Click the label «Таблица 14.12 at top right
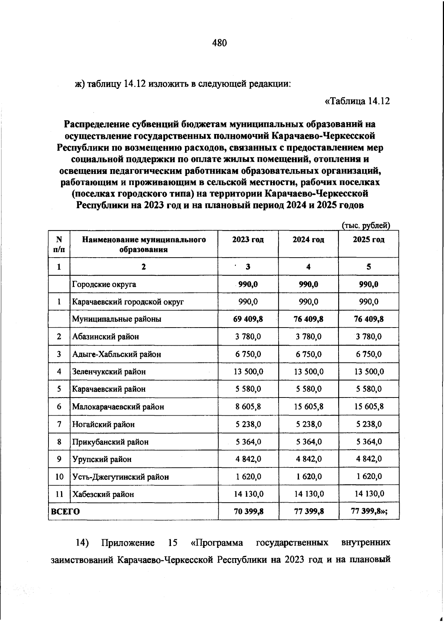[x=357, y=101]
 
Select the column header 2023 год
[x=248, y=239]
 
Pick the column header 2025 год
[x=369, y=239]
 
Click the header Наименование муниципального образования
[x=144, y=244]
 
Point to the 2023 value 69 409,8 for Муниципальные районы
[x=248, y=319]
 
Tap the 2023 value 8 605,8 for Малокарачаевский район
[x=248, y=406]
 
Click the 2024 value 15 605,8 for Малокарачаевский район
[x=309, y=406]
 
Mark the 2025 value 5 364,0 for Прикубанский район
[x=369, y=442]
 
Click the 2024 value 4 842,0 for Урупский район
[x=309, y=459]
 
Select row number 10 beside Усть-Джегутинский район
[x=59, y=477]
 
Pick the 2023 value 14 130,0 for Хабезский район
[x=248, y=494]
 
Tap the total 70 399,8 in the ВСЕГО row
[x=248, y=512]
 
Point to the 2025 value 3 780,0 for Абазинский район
[x=369, y=337]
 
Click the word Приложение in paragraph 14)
[x=128, y=543]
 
